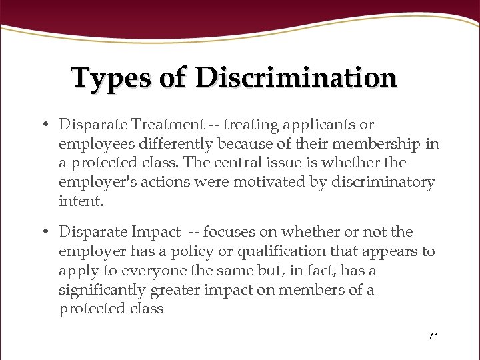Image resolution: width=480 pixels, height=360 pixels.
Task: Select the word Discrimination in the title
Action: point(296,78)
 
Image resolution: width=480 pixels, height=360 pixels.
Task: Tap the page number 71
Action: point(433,336)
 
